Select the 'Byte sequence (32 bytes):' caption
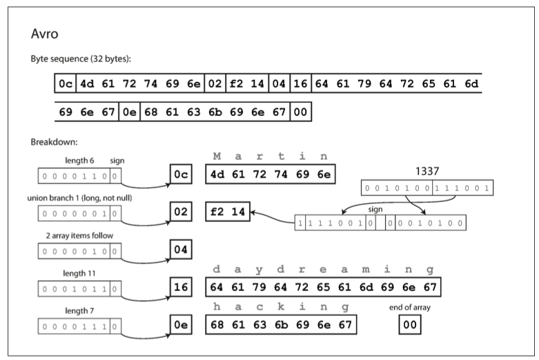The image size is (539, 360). click(x=81, y=59)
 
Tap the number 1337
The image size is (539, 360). click(x=427, y=170)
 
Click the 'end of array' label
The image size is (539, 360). click(x=410, y=308)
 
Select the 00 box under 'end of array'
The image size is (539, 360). click(x=410, y=324)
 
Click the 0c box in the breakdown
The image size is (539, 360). click(x=181, y=175)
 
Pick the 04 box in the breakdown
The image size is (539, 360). click(x=181, y=249)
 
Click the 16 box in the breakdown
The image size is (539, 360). click(x=181, y=286)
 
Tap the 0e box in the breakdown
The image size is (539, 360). click(x=181, y=324)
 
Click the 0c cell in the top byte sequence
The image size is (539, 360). click(x=65, y=84)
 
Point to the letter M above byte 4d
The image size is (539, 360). click(x=217, y=157)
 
